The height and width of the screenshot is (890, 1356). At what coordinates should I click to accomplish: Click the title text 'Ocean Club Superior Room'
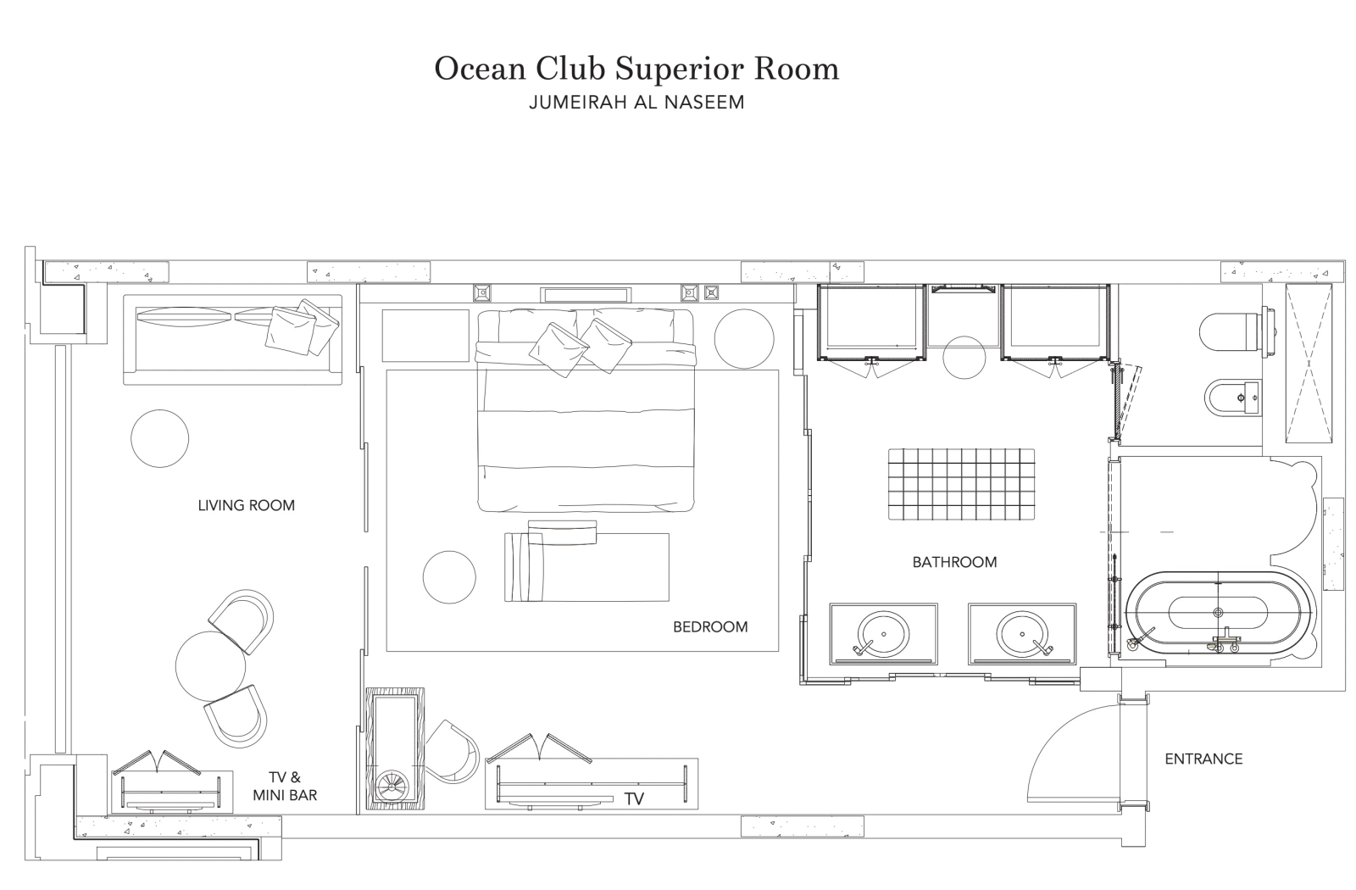point(636,69)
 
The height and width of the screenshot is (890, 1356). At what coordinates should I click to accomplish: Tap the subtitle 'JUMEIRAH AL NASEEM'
point(636,103)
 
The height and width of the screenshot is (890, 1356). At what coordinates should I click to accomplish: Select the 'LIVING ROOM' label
point(247,505)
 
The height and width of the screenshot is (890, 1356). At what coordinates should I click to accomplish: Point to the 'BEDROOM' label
point(710,626)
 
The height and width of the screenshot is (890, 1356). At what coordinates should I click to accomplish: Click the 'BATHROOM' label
point(954,562)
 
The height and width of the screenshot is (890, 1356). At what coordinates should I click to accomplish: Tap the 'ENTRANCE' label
point(1203,759)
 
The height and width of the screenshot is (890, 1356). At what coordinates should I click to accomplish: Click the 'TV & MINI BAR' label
point(285,786)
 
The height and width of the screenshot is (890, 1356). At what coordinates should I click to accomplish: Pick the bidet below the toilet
point(1232,398)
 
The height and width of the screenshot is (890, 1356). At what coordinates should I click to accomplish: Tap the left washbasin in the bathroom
point(883,634)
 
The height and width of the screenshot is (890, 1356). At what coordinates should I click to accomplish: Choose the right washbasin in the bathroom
point(1022,634)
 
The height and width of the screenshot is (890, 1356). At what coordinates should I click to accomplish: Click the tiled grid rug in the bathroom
point(961,484)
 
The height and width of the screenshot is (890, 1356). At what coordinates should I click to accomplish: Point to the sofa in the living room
point(232,339)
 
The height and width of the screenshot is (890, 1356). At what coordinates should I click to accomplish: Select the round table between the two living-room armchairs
point(211,666)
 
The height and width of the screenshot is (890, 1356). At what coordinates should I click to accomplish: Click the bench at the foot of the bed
point(586,567)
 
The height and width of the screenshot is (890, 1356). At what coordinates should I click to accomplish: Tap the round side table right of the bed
point(744,338)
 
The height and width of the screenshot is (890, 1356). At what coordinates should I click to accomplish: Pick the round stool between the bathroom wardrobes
point(964,357)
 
